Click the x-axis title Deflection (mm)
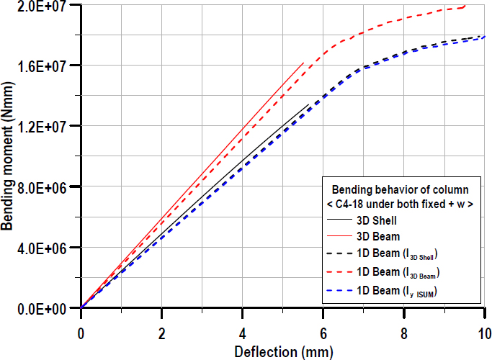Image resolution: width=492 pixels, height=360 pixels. click(282, 351)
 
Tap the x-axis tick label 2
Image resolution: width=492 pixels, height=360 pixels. click(162, 334)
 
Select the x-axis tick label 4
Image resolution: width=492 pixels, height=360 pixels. click(243, 334)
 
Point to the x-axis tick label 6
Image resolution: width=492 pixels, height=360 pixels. click(323, 334)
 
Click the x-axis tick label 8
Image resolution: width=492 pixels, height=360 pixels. click(404, 334)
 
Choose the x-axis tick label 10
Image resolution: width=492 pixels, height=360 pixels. click(483, 334)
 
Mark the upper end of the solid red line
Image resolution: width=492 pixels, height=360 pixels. click(303, 63)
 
